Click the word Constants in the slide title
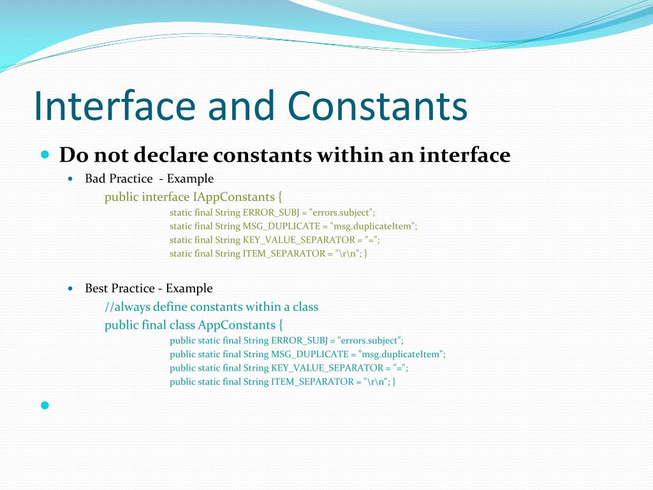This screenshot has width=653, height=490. click(377, 106)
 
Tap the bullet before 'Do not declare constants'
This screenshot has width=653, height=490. click(45, 154)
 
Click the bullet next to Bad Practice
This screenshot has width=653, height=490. click(71, 179)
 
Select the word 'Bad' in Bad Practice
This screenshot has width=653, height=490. click(96, 179)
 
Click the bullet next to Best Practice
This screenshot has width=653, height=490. click(71, 288)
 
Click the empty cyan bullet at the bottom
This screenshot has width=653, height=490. click(45, 405)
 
